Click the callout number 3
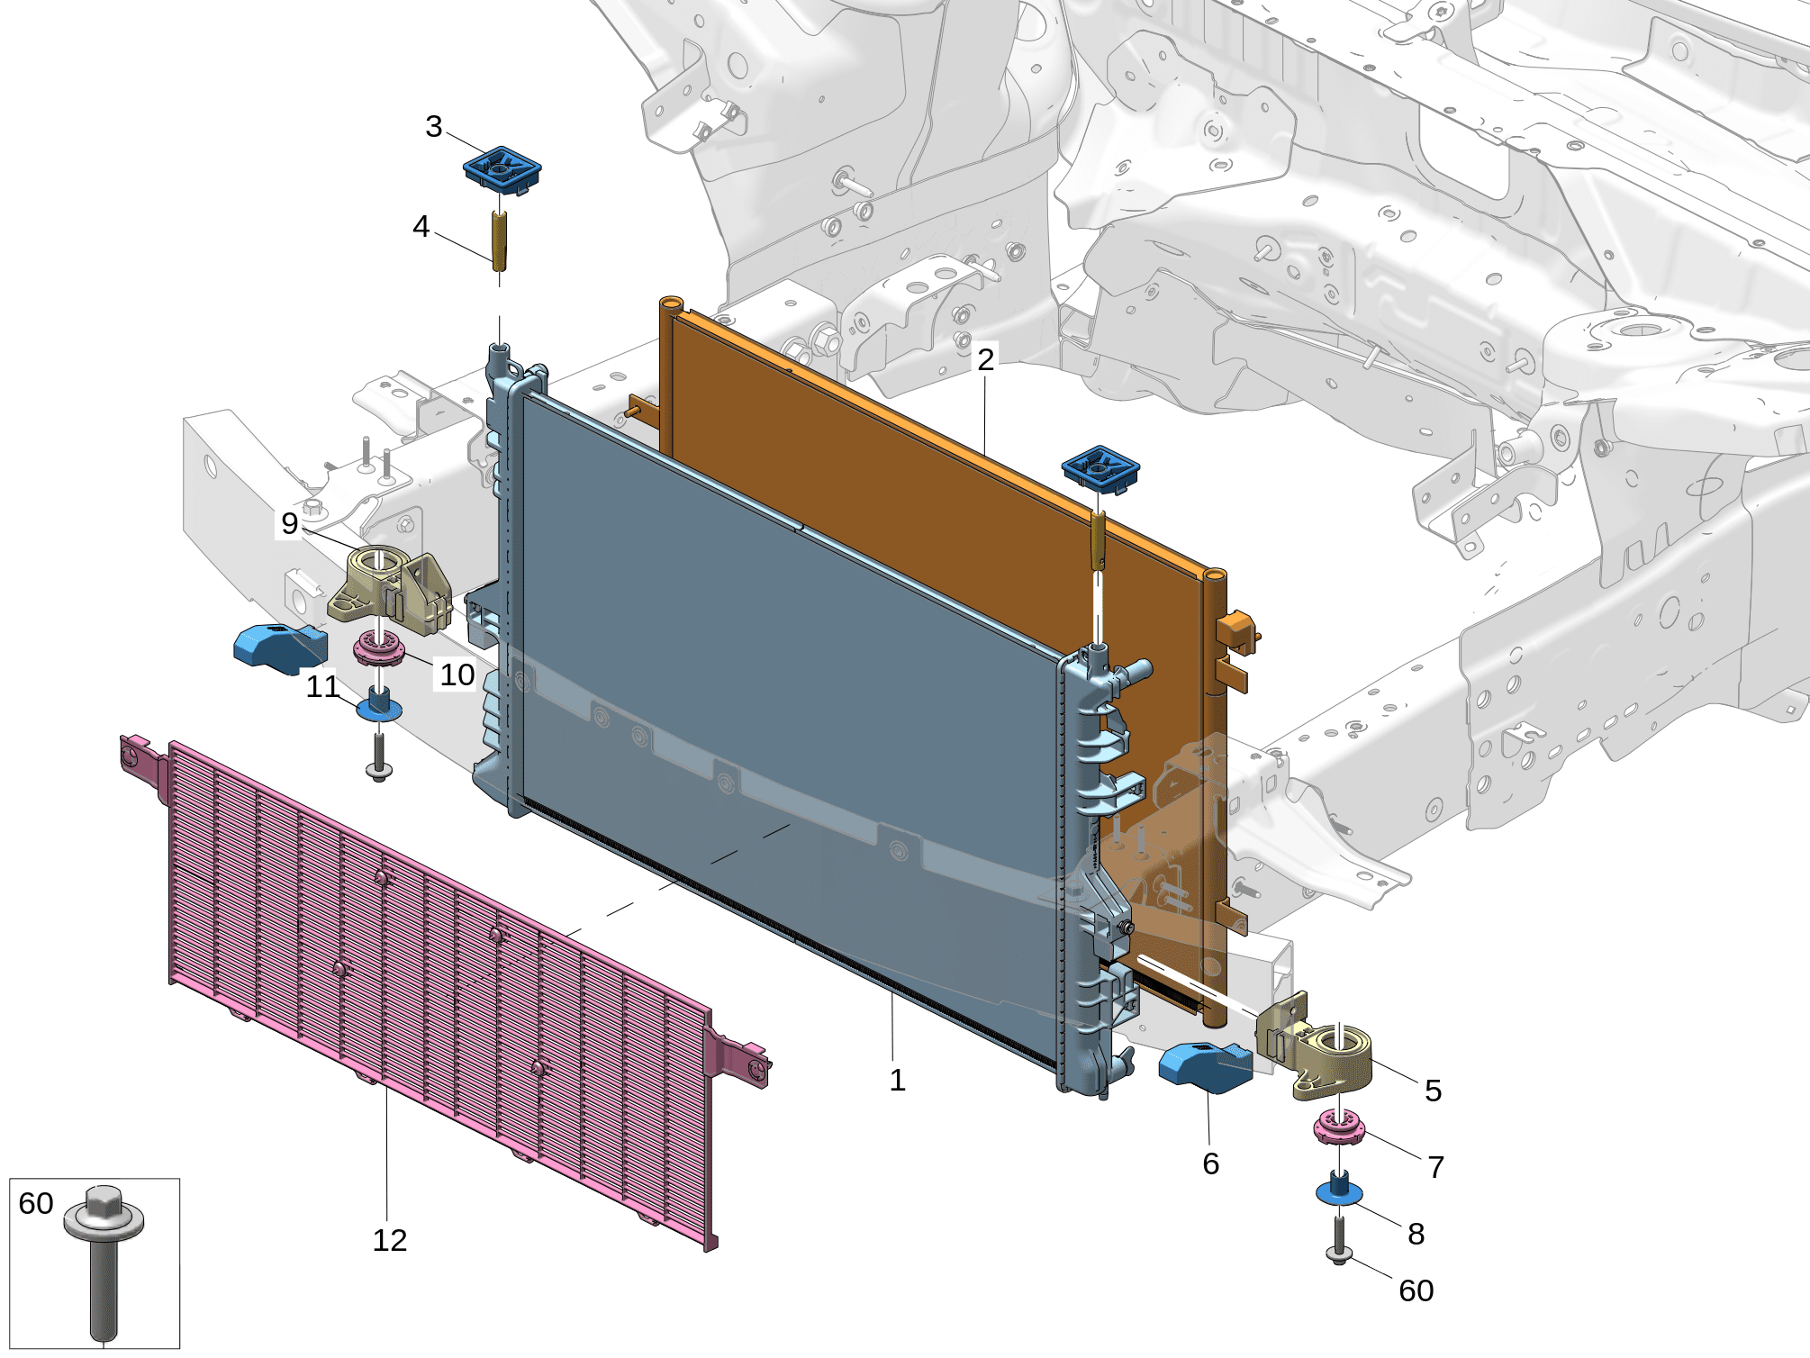(x=434, y=127)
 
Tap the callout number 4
(x=421, y=226)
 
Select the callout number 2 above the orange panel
(x=986, y=359)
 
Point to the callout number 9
(x=289, y=523)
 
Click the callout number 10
(x=457, y=674)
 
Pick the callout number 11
(x=322, y=687)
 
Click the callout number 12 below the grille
(x=390, y=1240)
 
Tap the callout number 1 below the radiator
(x=897, y=1080)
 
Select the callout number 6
(x=1211, y=1163)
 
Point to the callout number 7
(x=1436, y=1167)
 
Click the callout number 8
(x=1416, y=1234)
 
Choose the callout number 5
(x=1434, y=1091)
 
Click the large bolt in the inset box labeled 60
(x=104, y=1261)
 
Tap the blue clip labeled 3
(x=502, y=169)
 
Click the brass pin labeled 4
(x=499, y=240)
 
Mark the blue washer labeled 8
(x=1339, y=1189)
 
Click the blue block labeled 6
(x=1206, y=1067)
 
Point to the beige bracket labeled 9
(x=390, y=589)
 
